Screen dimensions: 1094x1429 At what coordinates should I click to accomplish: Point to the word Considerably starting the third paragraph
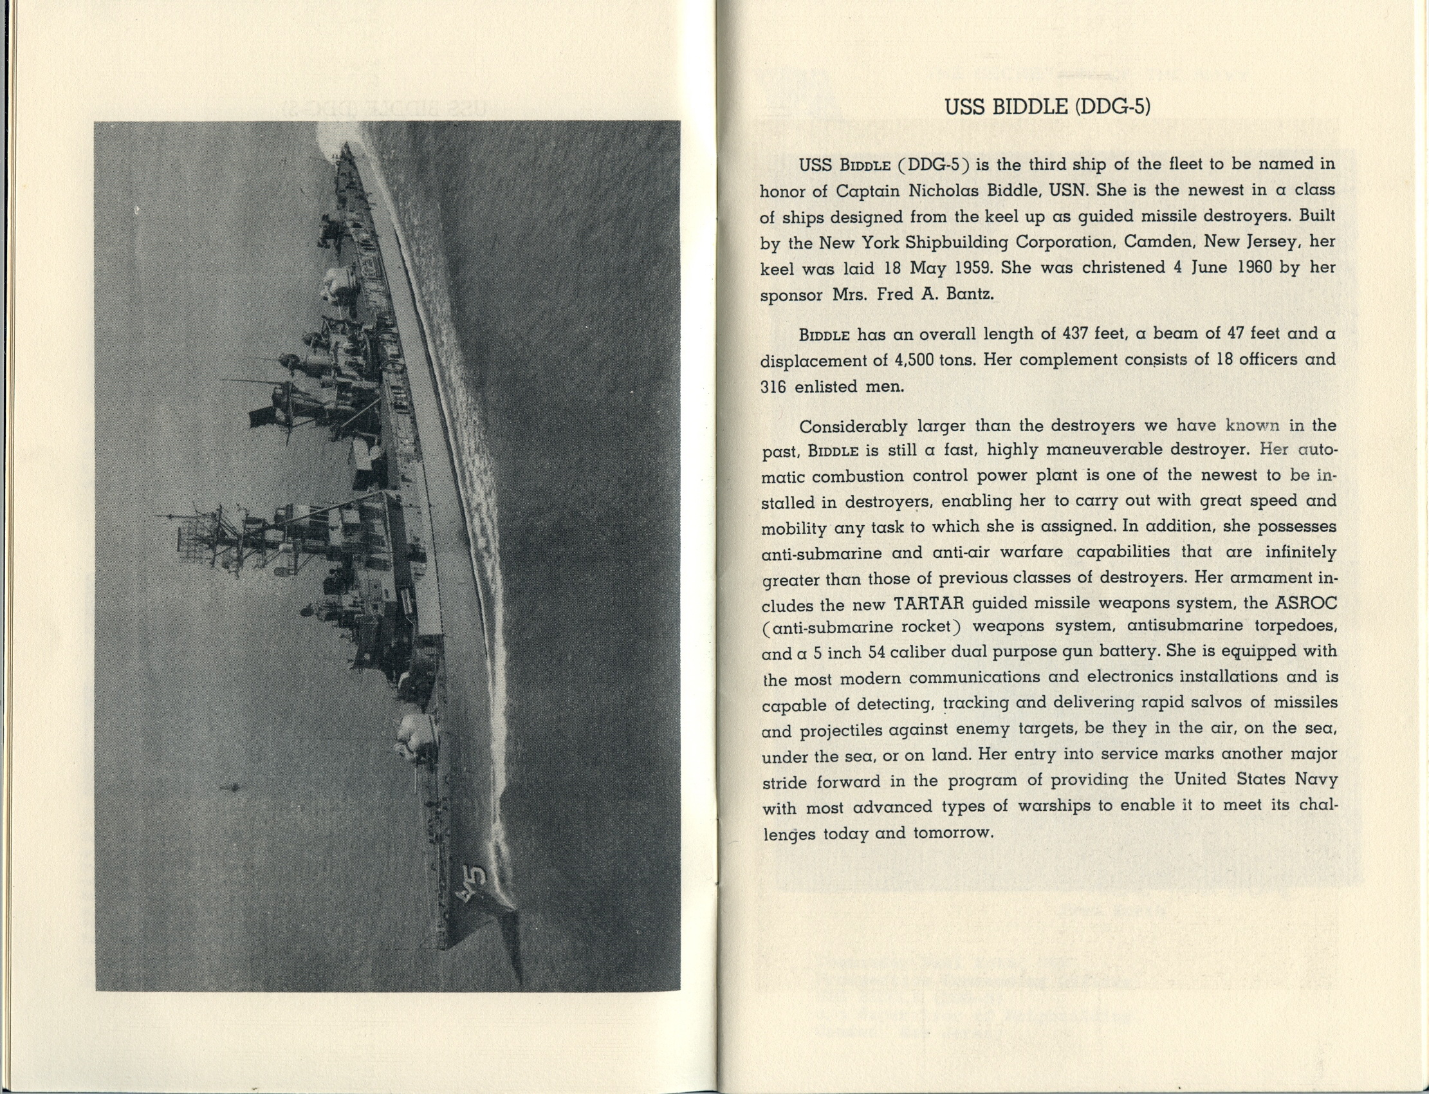853,427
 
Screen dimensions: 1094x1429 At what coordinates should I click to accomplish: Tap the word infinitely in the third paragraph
1300,552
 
